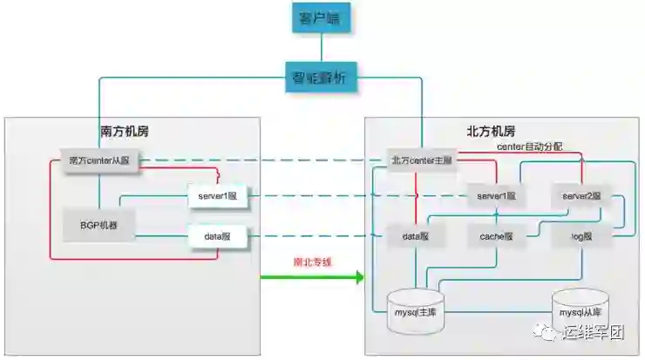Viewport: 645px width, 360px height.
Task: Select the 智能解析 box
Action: pos(319,77)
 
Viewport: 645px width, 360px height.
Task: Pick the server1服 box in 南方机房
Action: pos(218,196)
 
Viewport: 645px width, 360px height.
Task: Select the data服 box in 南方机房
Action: pos(218,236)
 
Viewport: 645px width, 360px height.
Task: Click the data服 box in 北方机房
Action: pos(415,236)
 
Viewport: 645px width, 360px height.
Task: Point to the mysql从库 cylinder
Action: pos(580,310)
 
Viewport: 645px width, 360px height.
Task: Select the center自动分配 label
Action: pos(529,146)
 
